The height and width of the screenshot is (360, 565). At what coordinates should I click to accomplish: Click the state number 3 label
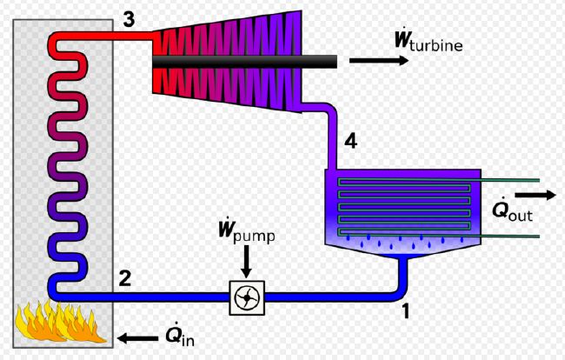coord(129,19)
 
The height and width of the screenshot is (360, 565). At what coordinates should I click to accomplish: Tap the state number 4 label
coord(350,141)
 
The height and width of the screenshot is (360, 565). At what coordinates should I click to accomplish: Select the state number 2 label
coord(125,278)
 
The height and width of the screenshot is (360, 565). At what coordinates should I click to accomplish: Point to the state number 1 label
coord(406,311)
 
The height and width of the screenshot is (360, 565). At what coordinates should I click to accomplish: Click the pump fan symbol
coord(247,297)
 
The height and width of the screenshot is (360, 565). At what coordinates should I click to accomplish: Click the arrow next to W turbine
coord(379,60)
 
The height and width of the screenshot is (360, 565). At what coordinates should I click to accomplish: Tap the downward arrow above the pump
coord(247,262)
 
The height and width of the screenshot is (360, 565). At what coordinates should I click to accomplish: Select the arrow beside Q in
coord(138,338)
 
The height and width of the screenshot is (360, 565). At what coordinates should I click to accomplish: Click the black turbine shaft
coord(244,62)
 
